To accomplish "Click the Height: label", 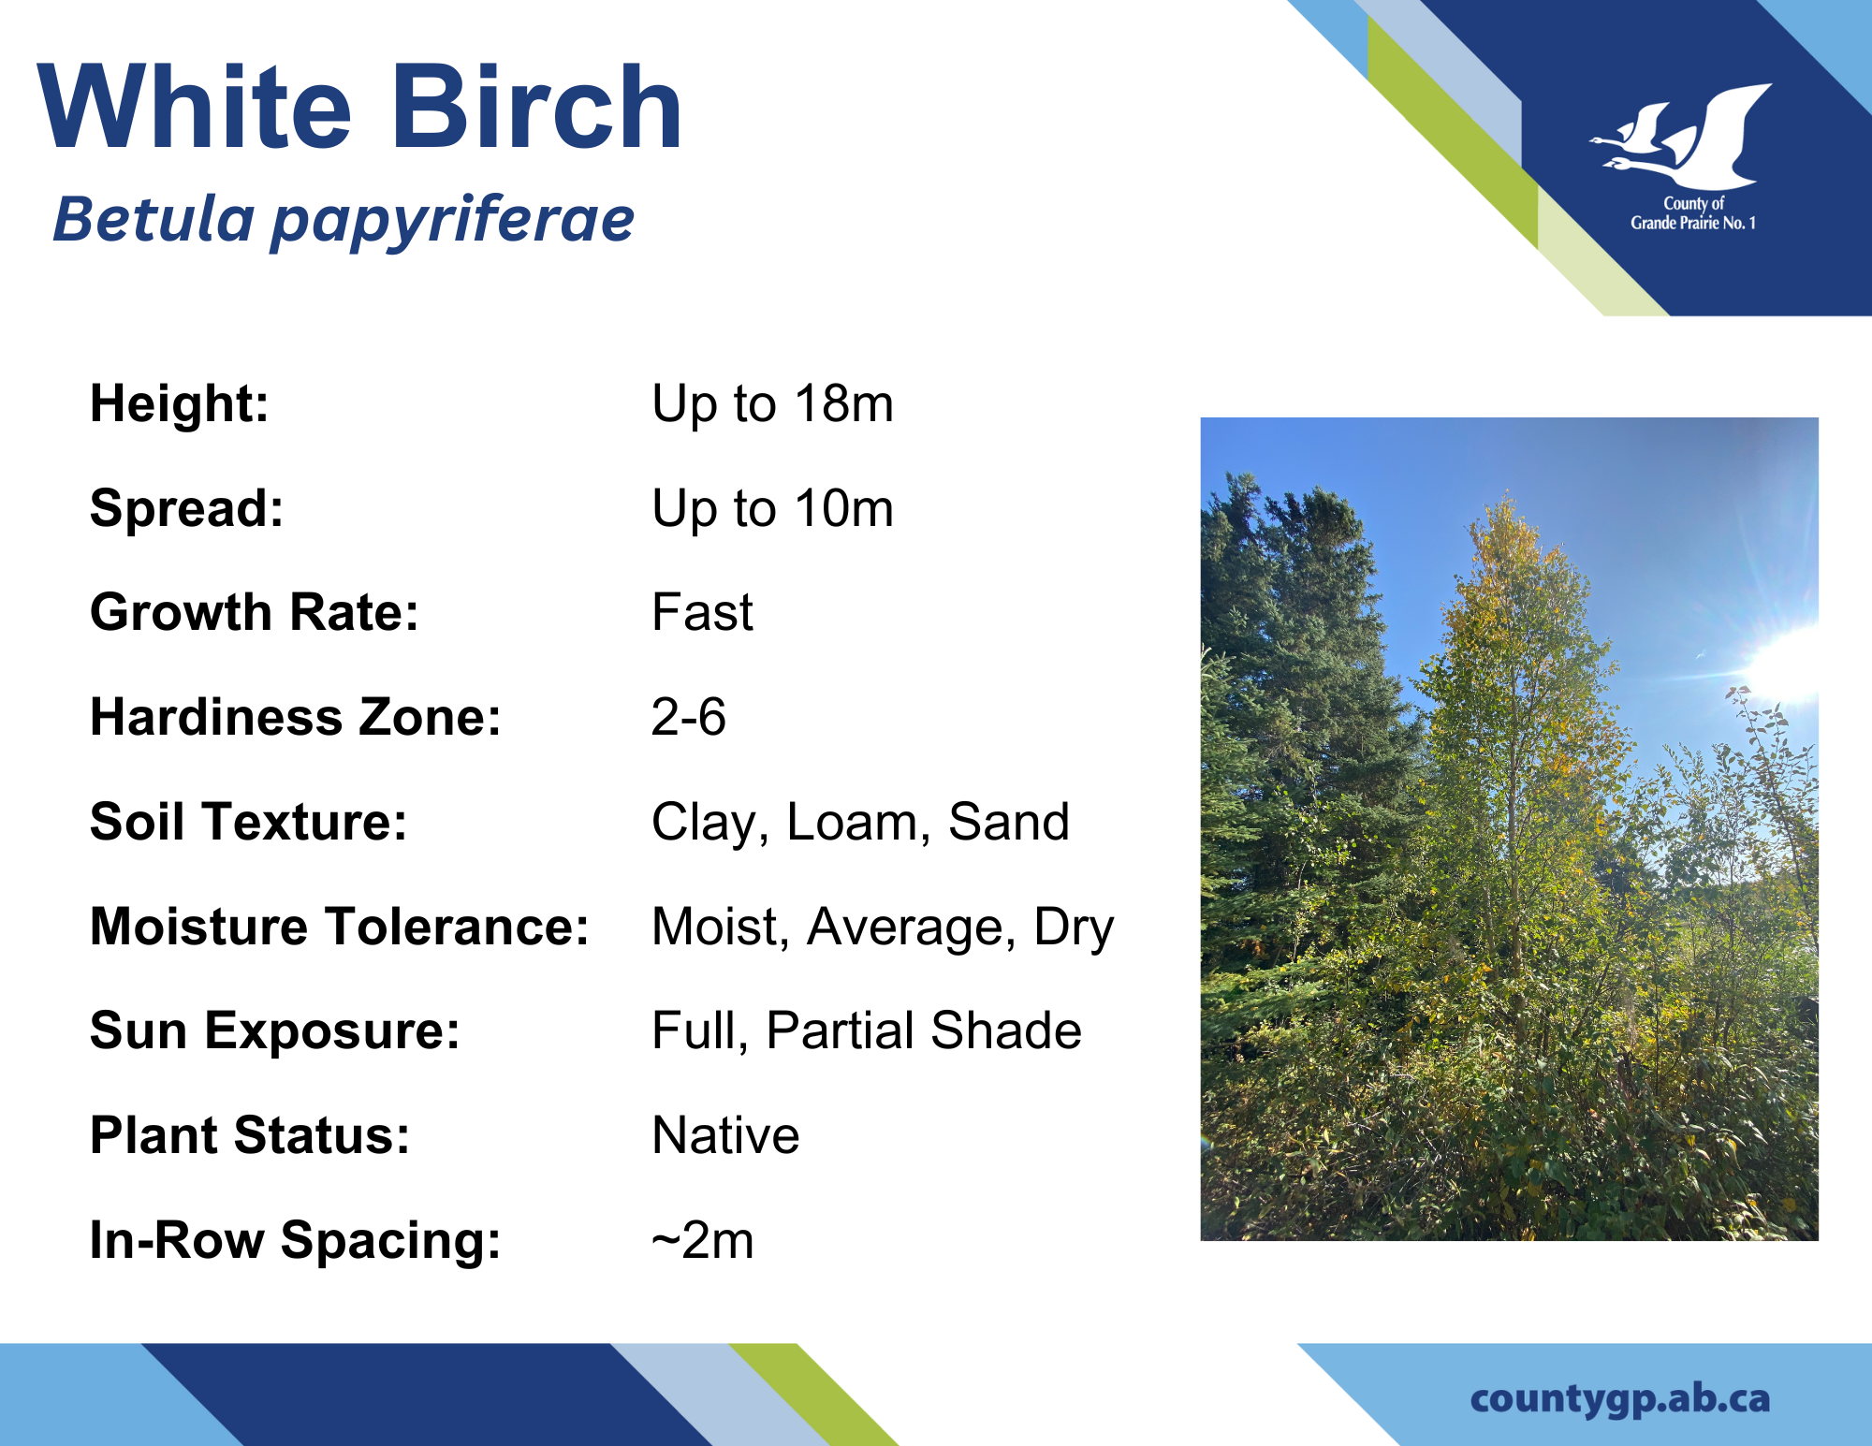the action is pyautogui.click(x=180, y=404).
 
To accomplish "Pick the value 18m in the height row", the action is pyautogui.click(x=844, y=404).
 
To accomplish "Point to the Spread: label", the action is pyautogui.click(x=187, y=510).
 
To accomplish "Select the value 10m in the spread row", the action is pyautogui.click(x=844, y=509).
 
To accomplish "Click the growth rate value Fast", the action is pyautogui.click(x=702, y=613).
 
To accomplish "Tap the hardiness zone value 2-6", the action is pyautogui.click(x=689, y=718).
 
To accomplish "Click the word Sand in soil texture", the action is pyautogui.click(x=1009, y=823).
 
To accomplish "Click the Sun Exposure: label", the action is pyautogui.click(x=275, y=1032).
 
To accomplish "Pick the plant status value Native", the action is pyautogui.click(x=726, y=1136).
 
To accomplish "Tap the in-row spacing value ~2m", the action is pyautogui.click(x=703, y=1241).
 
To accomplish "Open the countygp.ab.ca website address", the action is pyautogui.click(x=1620, y=1400).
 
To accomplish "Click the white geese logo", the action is pyautogui.click(x=1682, y=137).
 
